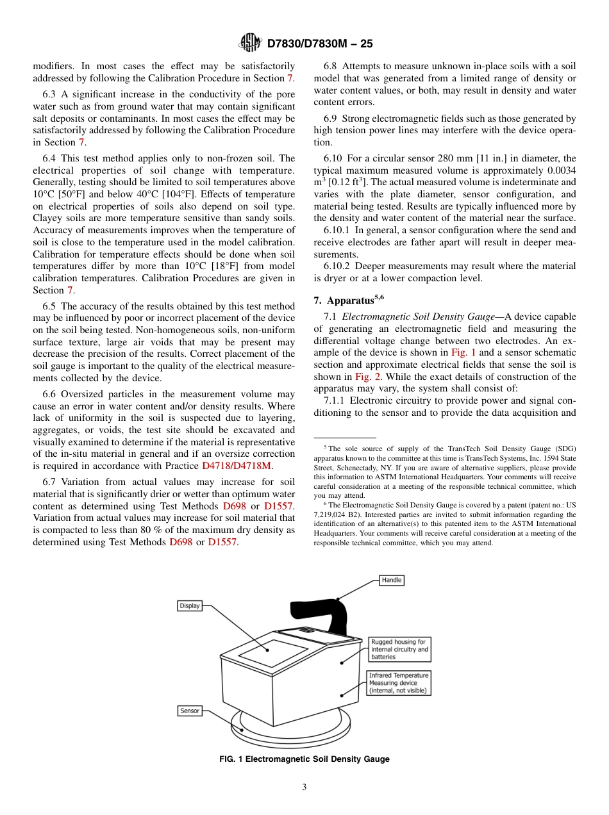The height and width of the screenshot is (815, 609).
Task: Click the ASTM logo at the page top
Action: pyautogui.click(x=251, y=43)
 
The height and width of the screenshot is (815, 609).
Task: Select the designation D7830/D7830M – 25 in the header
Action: pyautogui.click(x=319, y=44)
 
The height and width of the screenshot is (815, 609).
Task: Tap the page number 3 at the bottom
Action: pyautogui.click(x=304, y=787)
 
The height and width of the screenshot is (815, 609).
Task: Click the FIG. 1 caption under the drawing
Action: pyautogui.click(x=304, y=759)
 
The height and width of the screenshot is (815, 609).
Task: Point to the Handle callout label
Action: pyautogui.click(x=391, y=580)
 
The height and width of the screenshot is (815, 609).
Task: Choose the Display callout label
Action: pyautogui.click(x=189, y=605)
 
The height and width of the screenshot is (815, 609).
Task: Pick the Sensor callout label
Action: pyautogui.click(x=189, y=711)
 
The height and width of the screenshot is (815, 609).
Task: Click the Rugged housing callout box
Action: pyautogui.click(x=399, y=649)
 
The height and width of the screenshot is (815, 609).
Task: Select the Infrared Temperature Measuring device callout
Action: pyautogui.click(x=399, y=683)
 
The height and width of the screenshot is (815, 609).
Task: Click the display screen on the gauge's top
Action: pyautogui.click(x=272, y=653)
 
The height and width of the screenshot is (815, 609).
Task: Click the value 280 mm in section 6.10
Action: pyautogui.click(x=453, y=158)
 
